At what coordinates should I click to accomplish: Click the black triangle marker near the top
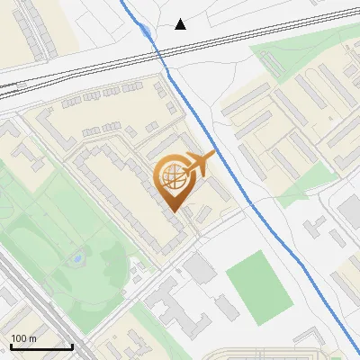pos(181,24)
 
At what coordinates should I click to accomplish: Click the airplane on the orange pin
pos(201,164)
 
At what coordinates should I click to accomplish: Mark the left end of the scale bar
pos(11,346)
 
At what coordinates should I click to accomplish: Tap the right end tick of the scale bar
pos(72,346)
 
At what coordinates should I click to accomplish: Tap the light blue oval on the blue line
pos(146,31)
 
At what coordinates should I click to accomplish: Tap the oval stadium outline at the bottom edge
pos(297,354)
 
